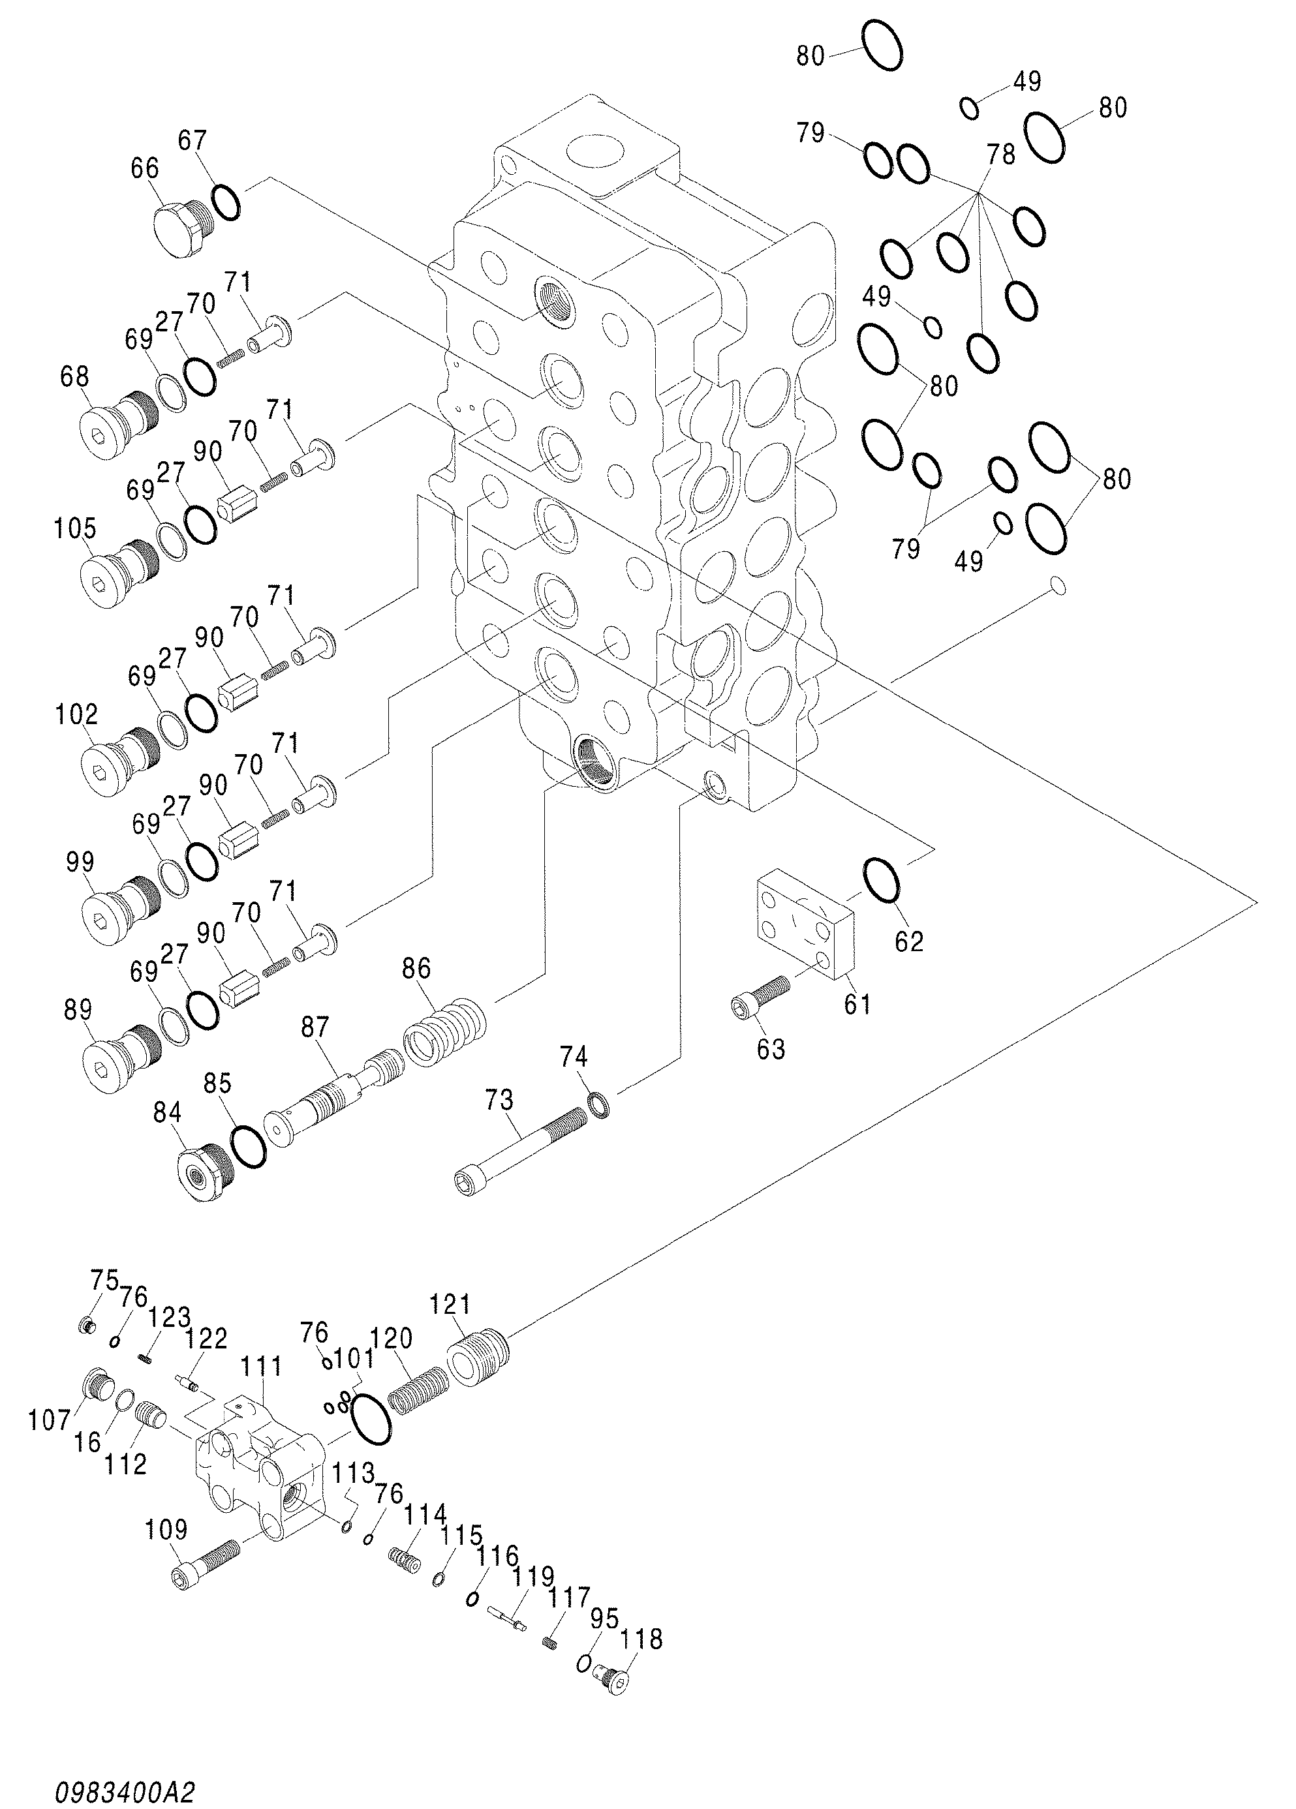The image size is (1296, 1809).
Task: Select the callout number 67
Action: [193, 140]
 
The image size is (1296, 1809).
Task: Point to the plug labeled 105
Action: [119, 573]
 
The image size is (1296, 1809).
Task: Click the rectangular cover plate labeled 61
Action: [805, 924]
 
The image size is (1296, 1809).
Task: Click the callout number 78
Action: [1000, 154]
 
